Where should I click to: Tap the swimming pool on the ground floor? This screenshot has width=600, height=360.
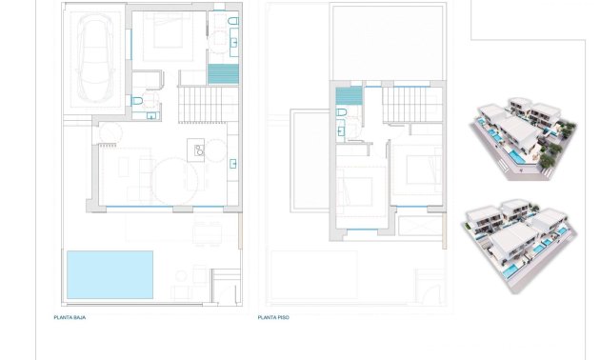pos(110,273)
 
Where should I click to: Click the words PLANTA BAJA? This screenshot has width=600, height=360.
pos(70,317)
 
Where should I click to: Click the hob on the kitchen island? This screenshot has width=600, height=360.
pos(198,149)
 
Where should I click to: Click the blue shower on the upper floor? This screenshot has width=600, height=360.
pos(349,96)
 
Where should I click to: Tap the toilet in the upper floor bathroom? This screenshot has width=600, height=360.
pos(341,113)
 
